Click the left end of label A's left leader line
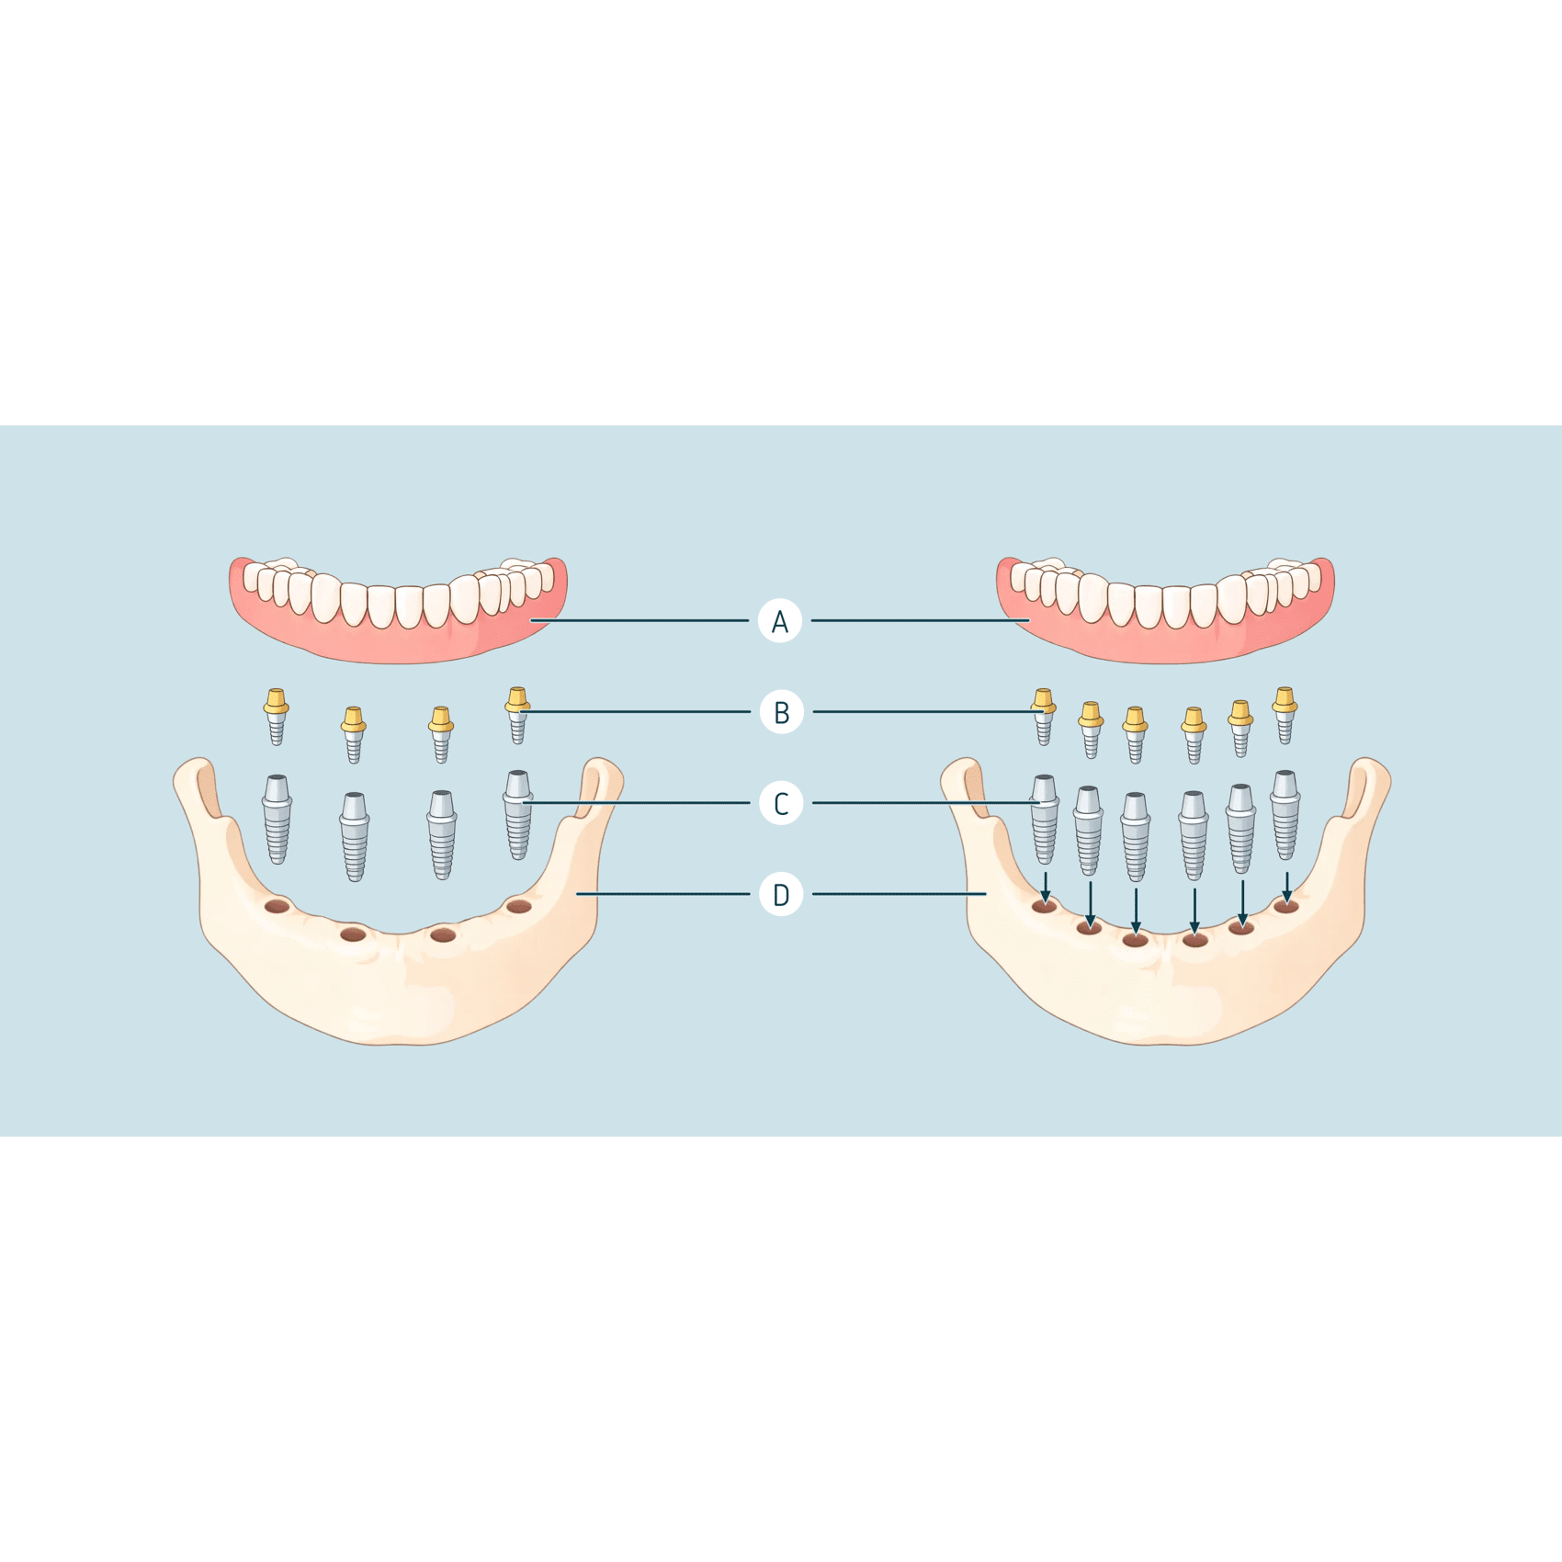coord(531,620)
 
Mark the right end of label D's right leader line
coord(986,893)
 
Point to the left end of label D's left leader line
coord(577,893)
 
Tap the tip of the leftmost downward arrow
coord(1045,903)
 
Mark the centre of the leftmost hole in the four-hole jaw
coord(277,907)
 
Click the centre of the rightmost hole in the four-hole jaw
coord(519,907)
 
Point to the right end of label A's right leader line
coord(1029,620)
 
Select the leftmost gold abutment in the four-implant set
coord(276,716)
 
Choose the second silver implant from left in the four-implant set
coord(355,836)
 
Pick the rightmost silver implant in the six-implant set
coord(1285,815)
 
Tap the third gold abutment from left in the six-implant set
coord(1135,735)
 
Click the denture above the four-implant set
coord(398,608)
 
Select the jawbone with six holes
coord(1165,900)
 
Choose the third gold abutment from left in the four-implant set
coord(441,735)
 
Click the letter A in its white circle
coord(780,622)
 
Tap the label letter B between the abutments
coord(781,712)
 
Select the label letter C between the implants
coord(781,803)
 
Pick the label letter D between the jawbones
coord(781,894)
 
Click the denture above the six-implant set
coord(1165,608)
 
